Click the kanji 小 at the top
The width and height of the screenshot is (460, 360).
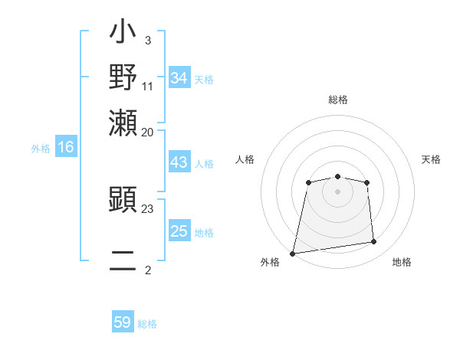123,34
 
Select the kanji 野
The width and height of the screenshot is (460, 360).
123,77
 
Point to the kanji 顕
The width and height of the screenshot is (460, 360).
123,201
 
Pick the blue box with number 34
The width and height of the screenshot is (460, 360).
179,78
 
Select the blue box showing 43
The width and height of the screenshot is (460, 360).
179,163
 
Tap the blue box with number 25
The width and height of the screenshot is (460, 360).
179,231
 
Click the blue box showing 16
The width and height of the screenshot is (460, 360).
66,148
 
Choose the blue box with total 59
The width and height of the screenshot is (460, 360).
123,322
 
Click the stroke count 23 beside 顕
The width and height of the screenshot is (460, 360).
148,208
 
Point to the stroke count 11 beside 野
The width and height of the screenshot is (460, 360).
148,85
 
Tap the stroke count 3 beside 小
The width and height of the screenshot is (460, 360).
147,40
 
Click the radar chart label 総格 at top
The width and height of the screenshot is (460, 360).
338,100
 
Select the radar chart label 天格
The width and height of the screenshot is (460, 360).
432,159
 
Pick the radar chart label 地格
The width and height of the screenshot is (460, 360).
402,262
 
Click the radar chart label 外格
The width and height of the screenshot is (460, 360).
270,262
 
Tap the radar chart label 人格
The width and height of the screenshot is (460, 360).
245,159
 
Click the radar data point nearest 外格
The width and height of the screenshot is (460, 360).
293,253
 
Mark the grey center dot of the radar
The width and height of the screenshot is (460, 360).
338,191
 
